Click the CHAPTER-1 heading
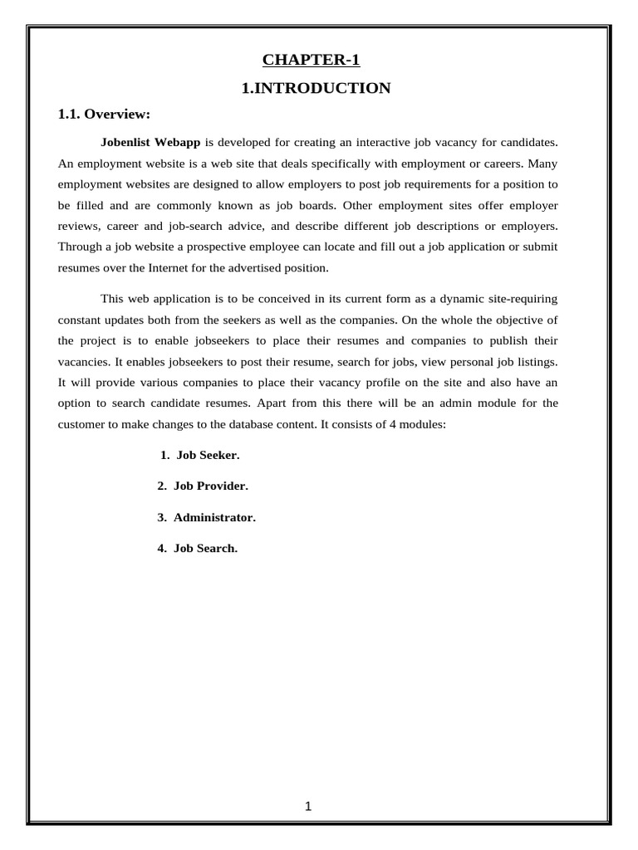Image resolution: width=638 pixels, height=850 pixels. tap(312, 59)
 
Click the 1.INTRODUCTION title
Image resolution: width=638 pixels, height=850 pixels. tap(316, 88)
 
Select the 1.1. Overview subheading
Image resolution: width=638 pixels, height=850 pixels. tap(103, 114)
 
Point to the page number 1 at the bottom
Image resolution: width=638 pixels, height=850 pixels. tap(307, 807)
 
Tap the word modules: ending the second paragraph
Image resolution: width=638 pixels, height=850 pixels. tap(423, 424)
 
